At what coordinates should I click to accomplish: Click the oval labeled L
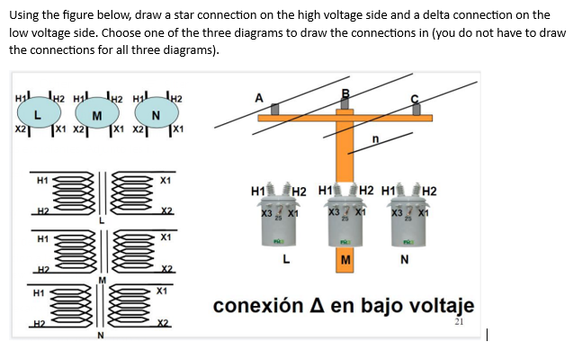(x=37, y=112)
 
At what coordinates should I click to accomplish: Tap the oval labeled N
(x=157, y=113)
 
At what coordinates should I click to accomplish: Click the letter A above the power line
(x=259, y=97)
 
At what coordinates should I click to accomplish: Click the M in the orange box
(x=345, y=261)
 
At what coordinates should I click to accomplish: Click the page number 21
(x=461, y=321)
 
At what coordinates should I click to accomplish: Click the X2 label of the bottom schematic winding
(x=164, y=322)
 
